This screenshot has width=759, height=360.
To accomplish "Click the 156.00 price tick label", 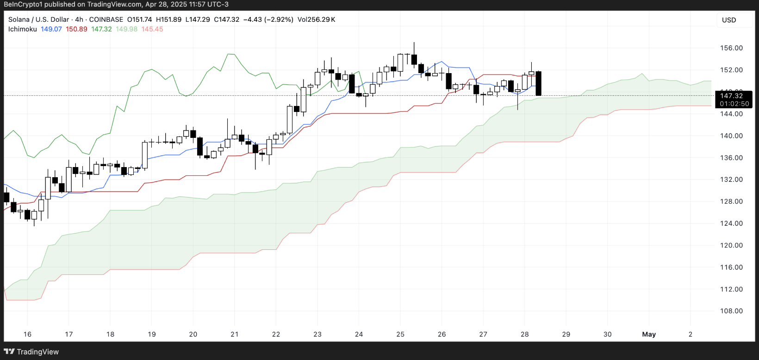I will coord(731,48).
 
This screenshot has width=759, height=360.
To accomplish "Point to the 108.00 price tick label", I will coord(731,311).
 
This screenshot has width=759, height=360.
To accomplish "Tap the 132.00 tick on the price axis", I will coord(731,180).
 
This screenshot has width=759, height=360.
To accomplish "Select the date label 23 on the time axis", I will coord(317,334).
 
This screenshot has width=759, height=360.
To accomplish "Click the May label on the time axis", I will coord(649,334).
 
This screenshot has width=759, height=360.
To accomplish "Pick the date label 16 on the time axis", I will coord(28,334).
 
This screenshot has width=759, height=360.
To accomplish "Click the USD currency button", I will coord(729,20).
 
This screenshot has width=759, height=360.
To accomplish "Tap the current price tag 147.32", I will coord(731,96).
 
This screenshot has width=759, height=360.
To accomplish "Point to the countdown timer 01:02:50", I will coord(734,104).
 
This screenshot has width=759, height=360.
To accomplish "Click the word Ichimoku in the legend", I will coord(23,29).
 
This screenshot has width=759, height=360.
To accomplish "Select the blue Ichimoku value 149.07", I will coord(51,29).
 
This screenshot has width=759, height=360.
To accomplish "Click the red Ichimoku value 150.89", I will coord(76,29).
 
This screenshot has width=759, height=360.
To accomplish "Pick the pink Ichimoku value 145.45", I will coord(152,29).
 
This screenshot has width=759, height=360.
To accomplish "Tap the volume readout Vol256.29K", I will coord(317,19).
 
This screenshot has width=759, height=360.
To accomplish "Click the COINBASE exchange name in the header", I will coord(106,19).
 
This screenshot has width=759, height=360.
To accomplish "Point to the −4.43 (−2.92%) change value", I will coord(268,19).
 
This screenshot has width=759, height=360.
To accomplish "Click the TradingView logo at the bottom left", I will coord(32,352).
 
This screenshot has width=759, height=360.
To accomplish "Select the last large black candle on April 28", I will coord(539,83).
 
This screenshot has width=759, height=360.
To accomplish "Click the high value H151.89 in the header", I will coord(168,19).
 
